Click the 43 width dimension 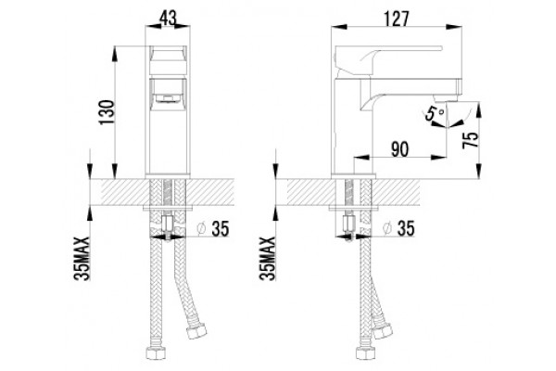coord(168,18)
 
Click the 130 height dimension coord(107,112)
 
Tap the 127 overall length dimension coord(396,19)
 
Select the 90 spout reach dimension coord(399,149)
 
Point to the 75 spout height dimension coord(471,140)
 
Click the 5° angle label coord(434,114)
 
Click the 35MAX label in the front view coord(82,259)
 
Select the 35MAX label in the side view coord(268,259)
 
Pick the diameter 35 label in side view coord(399,228)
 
